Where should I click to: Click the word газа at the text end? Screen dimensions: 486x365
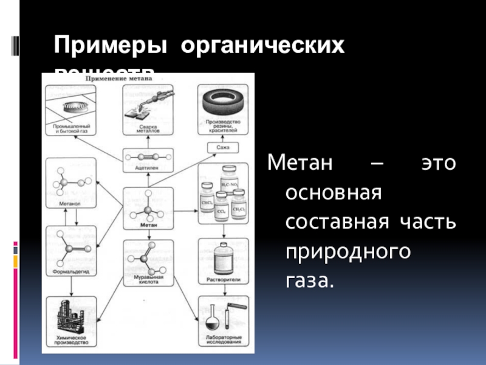(310, 280)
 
